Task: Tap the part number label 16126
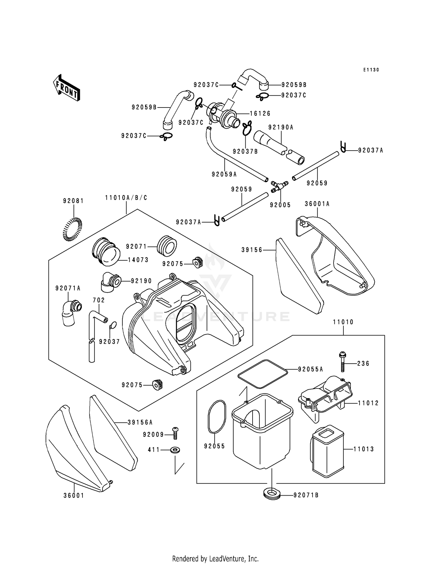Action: click(x=260, y=114)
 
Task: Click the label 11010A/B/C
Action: click(x=126, y=198)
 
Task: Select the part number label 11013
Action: click(x=363, y=449)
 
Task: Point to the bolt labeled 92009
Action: click(x=175, y=433)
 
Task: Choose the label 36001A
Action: click(x=317, y=204)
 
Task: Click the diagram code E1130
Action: click(x=371, y=70)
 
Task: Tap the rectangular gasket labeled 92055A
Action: click(x=263, y=374)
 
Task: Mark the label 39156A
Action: click(x=140, y=422)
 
